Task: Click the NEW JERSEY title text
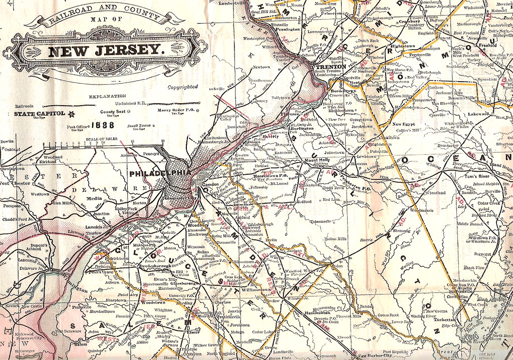click(x=106, y=50)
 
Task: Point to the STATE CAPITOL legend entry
click(x=40, y=114)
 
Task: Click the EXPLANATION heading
click(x=107, y=96)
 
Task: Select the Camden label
click(x=210, y=177)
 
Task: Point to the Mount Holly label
click(x=317, y=160)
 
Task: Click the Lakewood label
click(x=478, y=114)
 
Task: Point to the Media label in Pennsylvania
click(x=95, y=198)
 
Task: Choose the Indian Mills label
click(x=335, y=239)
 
